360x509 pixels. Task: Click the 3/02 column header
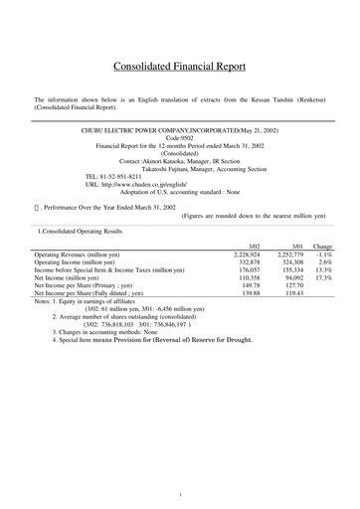pos(254,246)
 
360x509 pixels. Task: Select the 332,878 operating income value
pos(250,262)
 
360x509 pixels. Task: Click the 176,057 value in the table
pos(250,270)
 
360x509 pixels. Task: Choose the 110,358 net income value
pos(250,278)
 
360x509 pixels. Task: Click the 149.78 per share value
pos(252,286)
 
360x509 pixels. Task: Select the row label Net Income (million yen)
pos(75,278)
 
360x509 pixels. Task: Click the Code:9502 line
pos(180,138)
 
